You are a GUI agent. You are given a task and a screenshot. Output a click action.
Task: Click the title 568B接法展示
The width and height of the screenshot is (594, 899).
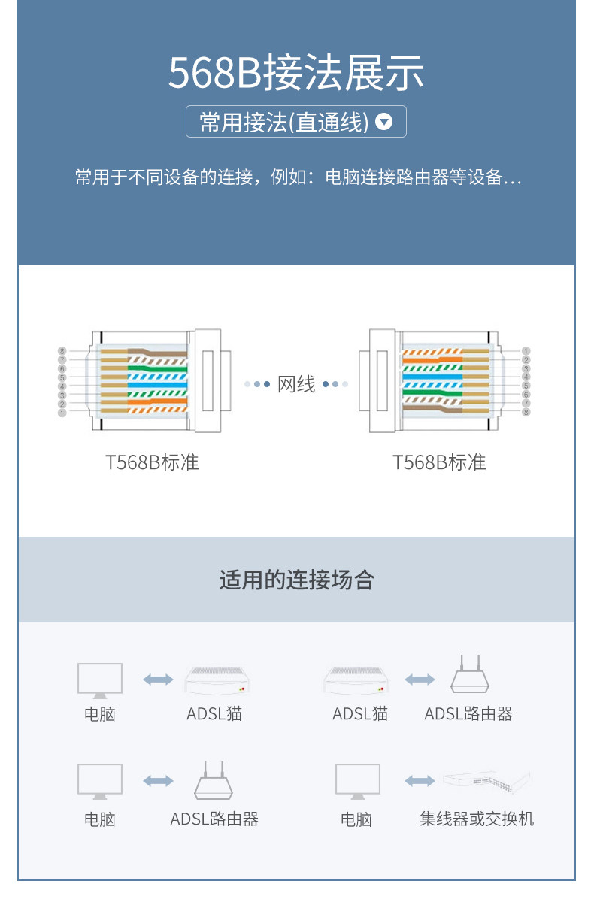coord(296,73)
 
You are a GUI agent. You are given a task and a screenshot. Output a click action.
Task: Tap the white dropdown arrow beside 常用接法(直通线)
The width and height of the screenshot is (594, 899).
coord(384,122)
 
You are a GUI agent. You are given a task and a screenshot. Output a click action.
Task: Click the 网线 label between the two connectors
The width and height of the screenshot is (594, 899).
coord(296,384)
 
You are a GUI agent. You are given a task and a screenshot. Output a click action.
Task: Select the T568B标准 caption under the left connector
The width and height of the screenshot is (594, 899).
coord(152,462)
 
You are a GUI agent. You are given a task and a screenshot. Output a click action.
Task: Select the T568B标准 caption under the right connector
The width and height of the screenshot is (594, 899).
coord(439,462)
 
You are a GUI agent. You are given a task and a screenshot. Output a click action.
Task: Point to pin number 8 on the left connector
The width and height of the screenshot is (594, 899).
coord(62,351)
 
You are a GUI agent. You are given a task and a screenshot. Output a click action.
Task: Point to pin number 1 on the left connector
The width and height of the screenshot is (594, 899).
coord(62,413)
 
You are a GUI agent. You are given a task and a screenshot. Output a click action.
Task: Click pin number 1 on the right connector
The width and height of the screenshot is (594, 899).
coord(526,351)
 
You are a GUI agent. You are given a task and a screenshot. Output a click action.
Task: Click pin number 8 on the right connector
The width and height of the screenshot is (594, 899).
coord(526,413)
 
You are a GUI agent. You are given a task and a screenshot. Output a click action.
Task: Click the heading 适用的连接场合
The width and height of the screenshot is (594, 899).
coord(296,580)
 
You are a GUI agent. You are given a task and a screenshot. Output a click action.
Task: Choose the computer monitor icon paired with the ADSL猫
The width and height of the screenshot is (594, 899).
coord(100,679)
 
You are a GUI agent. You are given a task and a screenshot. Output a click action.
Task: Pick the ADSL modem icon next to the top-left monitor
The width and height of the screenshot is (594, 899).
coord(216,680)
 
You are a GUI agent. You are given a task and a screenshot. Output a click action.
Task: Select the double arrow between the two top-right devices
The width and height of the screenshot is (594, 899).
coord(420,680)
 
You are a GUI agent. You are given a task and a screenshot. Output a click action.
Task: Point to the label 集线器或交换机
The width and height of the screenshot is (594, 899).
coord(477,819)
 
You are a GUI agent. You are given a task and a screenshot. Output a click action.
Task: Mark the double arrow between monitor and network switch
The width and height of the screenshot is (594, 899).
coord(420,781)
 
